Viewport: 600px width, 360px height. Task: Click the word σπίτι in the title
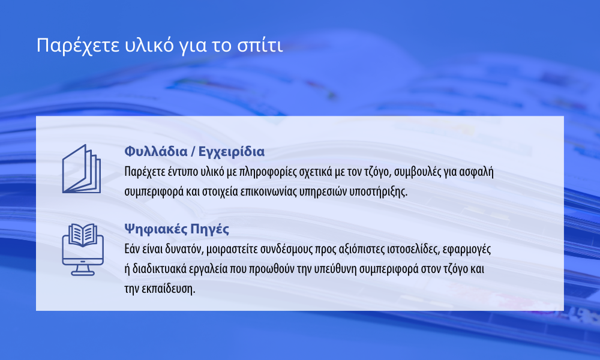260,45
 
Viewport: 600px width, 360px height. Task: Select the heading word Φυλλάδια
156,151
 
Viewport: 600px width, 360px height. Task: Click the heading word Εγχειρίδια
231,152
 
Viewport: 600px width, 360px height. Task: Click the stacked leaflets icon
82,169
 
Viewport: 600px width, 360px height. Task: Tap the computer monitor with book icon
83,250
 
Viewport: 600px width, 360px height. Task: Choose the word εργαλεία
207,269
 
